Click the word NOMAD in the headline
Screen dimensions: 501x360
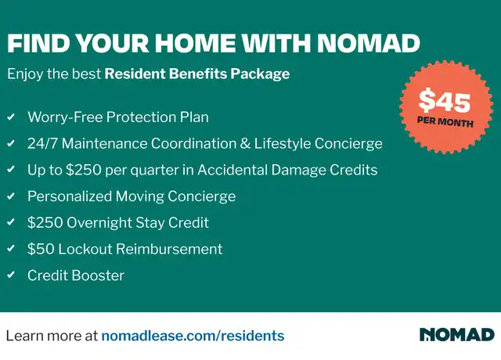point(369,43)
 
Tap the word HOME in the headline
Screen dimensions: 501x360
point(195,43)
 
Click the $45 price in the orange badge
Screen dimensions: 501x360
point(445,101)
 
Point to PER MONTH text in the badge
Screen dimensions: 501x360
point(445,122)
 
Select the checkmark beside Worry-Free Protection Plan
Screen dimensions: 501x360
point(11,117)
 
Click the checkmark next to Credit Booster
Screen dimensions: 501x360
point(11,275)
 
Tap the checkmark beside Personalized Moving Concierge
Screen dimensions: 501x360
point(11,196)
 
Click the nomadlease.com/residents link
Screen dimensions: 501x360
point(193,336)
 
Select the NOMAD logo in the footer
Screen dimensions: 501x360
point(457,334)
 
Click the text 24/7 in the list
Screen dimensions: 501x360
point(42,143)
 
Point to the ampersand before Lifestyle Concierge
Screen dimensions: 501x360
point(245,143)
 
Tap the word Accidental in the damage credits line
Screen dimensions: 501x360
point(232,170)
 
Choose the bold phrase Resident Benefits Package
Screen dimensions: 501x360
point(197,74)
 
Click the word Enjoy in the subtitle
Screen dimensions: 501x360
point(25,74)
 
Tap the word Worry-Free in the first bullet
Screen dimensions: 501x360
point(65,117)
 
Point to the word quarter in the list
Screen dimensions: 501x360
point(154,171)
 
